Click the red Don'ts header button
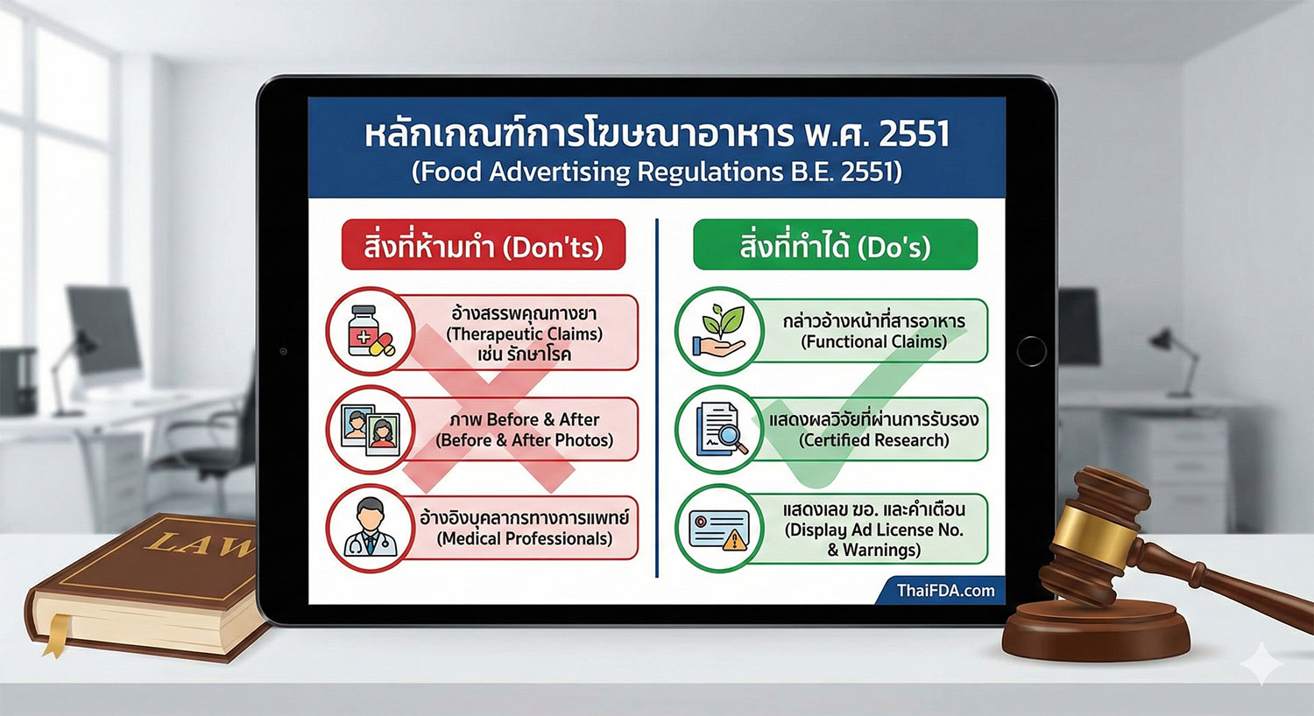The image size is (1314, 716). point(484,245)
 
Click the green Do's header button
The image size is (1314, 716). point(835,245)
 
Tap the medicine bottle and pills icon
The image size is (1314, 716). point(370,332)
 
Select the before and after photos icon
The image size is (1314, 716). point(370,430)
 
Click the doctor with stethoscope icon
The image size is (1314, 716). point(370,529)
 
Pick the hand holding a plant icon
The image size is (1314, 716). point(718,332)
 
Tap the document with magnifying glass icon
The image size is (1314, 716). point(718,430)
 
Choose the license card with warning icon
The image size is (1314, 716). point(718,529)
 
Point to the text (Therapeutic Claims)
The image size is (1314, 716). point(524,334)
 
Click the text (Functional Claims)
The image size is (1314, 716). point(873,342)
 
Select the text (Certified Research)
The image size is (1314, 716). point(873,440)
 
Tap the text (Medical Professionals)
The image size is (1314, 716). point(524,539)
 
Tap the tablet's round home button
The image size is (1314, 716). point(1031,351)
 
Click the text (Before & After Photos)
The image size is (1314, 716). point(524,440)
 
